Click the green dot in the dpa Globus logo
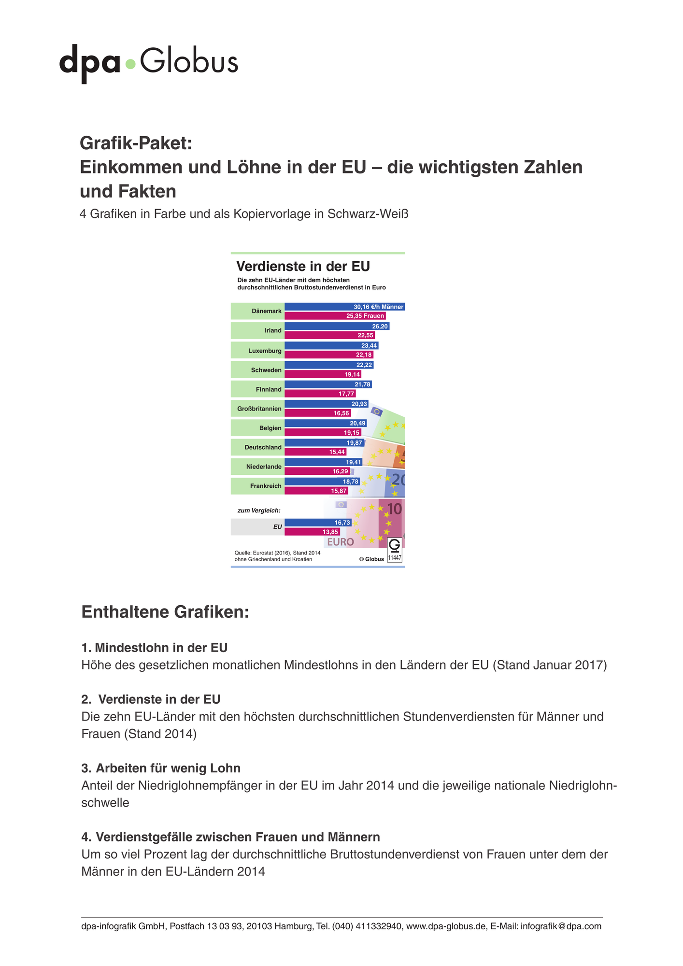[130, 64]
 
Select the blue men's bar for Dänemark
[344, 307]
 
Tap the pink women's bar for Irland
[329, 335]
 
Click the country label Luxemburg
[265, 351]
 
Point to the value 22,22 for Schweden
[364, 365]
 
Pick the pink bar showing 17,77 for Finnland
[320, 394]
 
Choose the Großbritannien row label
[259, 409]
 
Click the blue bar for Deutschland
[324, 443]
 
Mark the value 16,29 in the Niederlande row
[340, 471]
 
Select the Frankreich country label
[266, 486]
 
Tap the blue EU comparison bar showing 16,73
[318, 523]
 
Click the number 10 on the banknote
[395, 509]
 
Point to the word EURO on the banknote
[341, 542]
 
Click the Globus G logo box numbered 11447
[395, 550]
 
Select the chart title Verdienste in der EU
[303, 266]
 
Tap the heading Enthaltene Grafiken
[165, 612]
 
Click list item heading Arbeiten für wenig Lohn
[168, 768]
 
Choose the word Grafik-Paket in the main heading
[136, 143]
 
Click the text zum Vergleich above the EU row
[259, 511]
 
